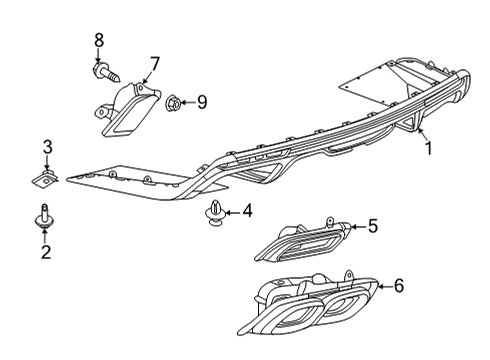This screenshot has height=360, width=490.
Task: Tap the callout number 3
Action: (x=45, y=148)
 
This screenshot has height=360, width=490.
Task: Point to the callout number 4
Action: (x=248, y=211)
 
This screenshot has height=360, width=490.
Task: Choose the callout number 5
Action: (x=372, y=226)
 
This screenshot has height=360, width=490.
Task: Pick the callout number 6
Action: (x=398, y=287)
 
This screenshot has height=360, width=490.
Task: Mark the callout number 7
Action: (x=155, y=63)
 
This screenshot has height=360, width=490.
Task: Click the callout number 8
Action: (x=98, y=40)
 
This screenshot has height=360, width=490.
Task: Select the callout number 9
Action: (x=201, y=101)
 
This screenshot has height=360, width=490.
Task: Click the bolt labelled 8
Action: (x=106, y=71)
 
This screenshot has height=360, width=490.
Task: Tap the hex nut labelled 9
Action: (x=172, y=101)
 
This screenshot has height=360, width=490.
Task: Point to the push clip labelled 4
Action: (x=215, y=213)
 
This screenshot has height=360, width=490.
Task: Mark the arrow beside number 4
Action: (x=233, y=211)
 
